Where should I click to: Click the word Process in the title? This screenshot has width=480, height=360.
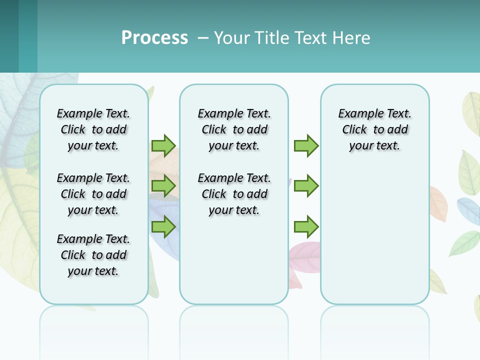click(x=154, y=37)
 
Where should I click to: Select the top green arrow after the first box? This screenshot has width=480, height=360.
click(x=163, y=145)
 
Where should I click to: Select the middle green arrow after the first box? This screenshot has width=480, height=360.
click(x=163, y=186)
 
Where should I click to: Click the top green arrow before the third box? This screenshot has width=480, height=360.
click(x=306, y=145)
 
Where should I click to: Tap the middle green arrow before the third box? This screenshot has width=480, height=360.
click(x=306, y=186)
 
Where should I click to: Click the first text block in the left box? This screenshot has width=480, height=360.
click(x=93, y=129)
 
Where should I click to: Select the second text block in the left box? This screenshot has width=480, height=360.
click(x=93, y=194)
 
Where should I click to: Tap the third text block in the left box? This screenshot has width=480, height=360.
click(x=93, y=255)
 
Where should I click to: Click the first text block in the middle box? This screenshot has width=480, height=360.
click(x=234, y=129)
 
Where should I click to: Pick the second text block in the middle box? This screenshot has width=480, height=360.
click(x=234, y=194)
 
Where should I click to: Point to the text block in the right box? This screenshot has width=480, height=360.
click(x=375, y=129)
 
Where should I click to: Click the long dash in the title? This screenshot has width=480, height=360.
click(x=203, y=38)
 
